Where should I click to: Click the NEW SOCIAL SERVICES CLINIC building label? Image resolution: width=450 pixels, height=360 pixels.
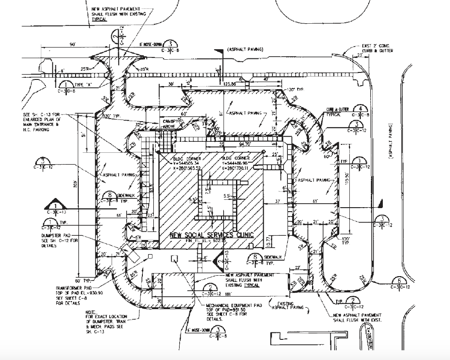coord(212,235)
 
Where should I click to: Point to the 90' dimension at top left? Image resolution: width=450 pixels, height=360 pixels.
coord(72,44)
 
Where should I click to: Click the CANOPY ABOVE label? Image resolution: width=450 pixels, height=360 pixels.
coord(170,123)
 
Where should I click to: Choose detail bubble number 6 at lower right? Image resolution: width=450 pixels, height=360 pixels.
coord(399,281)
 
